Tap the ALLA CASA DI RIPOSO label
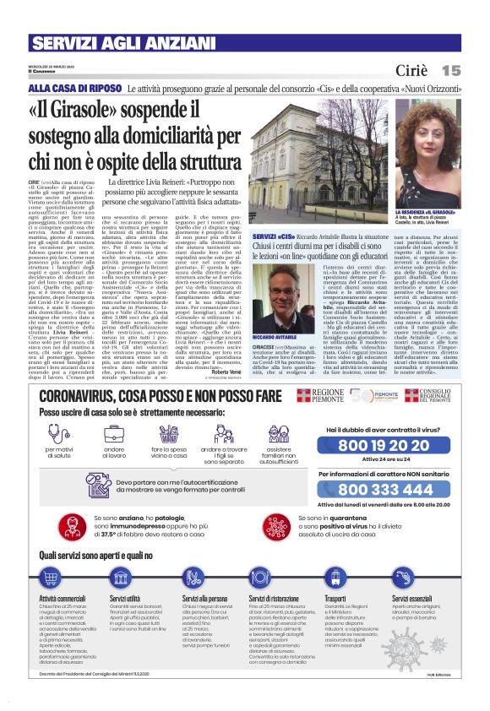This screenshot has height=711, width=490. pyautogui.click(x=64, y=88)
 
